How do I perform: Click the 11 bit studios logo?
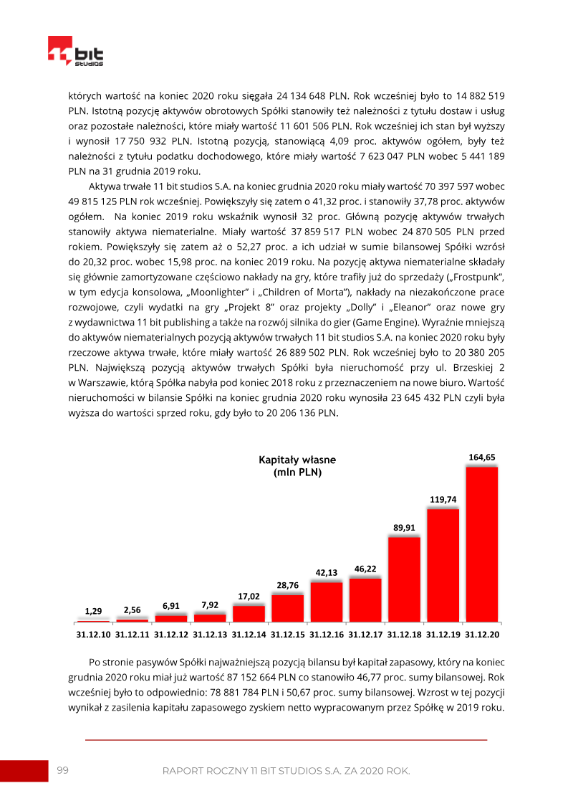75,52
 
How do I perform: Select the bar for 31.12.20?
482,543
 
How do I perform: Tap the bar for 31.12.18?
404,578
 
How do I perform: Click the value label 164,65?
482,457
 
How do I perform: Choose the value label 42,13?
327,572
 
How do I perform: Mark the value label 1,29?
93,611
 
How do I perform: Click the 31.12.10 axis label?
93,635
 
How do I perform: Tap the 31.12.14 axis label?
249,635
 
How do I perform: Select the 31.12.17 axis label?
365,635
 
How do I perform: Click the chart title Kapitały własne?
297,460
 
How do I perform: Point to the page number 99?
62,770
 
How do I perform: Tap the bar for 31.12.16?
327,601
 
